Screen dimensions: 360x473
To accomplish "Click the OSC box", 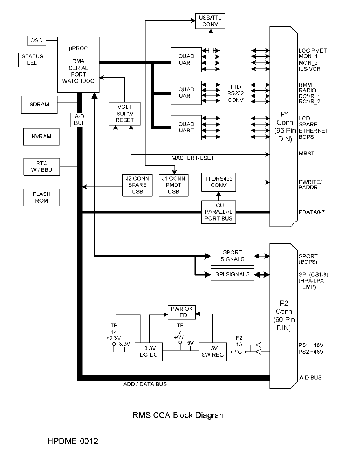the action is click(x=37, y=40).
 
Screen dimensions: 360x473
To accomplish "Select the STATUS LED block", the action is click(x=32, y=59).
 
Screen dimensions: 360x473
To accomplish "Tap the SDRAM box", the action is click(x=39, y=104).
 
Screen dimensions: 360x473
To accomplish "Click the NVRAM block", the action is click(x=41, y=137).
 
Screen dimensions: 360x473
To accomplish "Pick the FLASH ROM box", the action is click(x=41, y=197).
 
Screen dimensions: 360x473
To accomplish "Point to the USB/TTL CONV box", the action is click(x=210, y=22).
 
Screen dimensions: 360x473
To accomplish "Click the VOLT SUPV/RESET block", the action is click(x=124, y=114).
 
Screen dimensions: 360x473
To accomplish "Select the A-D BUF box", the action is click(x=79, y=120).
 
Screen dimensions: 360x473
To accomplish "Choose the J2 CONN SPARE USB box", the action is click(x=137, y=185).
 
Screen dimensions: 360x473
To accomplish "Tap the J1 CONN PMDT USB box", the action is click(x=173, y=185).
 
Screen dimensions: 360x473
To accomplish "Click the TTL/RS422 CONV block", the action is click(x=218, y=182).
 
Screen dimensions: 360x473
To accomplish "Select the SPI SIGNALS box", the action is click(x=232, y=274).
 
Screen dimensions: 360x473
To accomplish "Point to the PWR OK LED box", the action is click(x=181, y=312).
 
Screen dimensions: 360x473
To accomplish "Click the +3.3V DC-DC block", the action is click(x=148, y=352).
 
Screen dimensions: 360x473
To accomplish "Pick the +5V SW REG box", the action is click(x=213, y=352).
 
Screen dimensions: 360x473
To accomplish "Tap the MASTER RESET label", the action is click(x=193, y=158).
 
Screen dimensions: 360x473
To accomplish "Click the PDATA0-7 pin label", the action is click(x=312, y=212).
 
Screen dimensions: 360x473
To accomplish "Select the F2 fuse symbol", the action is click(x=239, y=352).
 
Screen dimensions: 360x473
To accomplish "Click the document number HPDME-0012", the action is click(x=73, y=441).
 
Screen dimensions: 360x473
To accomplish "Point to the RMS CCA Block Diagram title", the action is click(x=179, y=415).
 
